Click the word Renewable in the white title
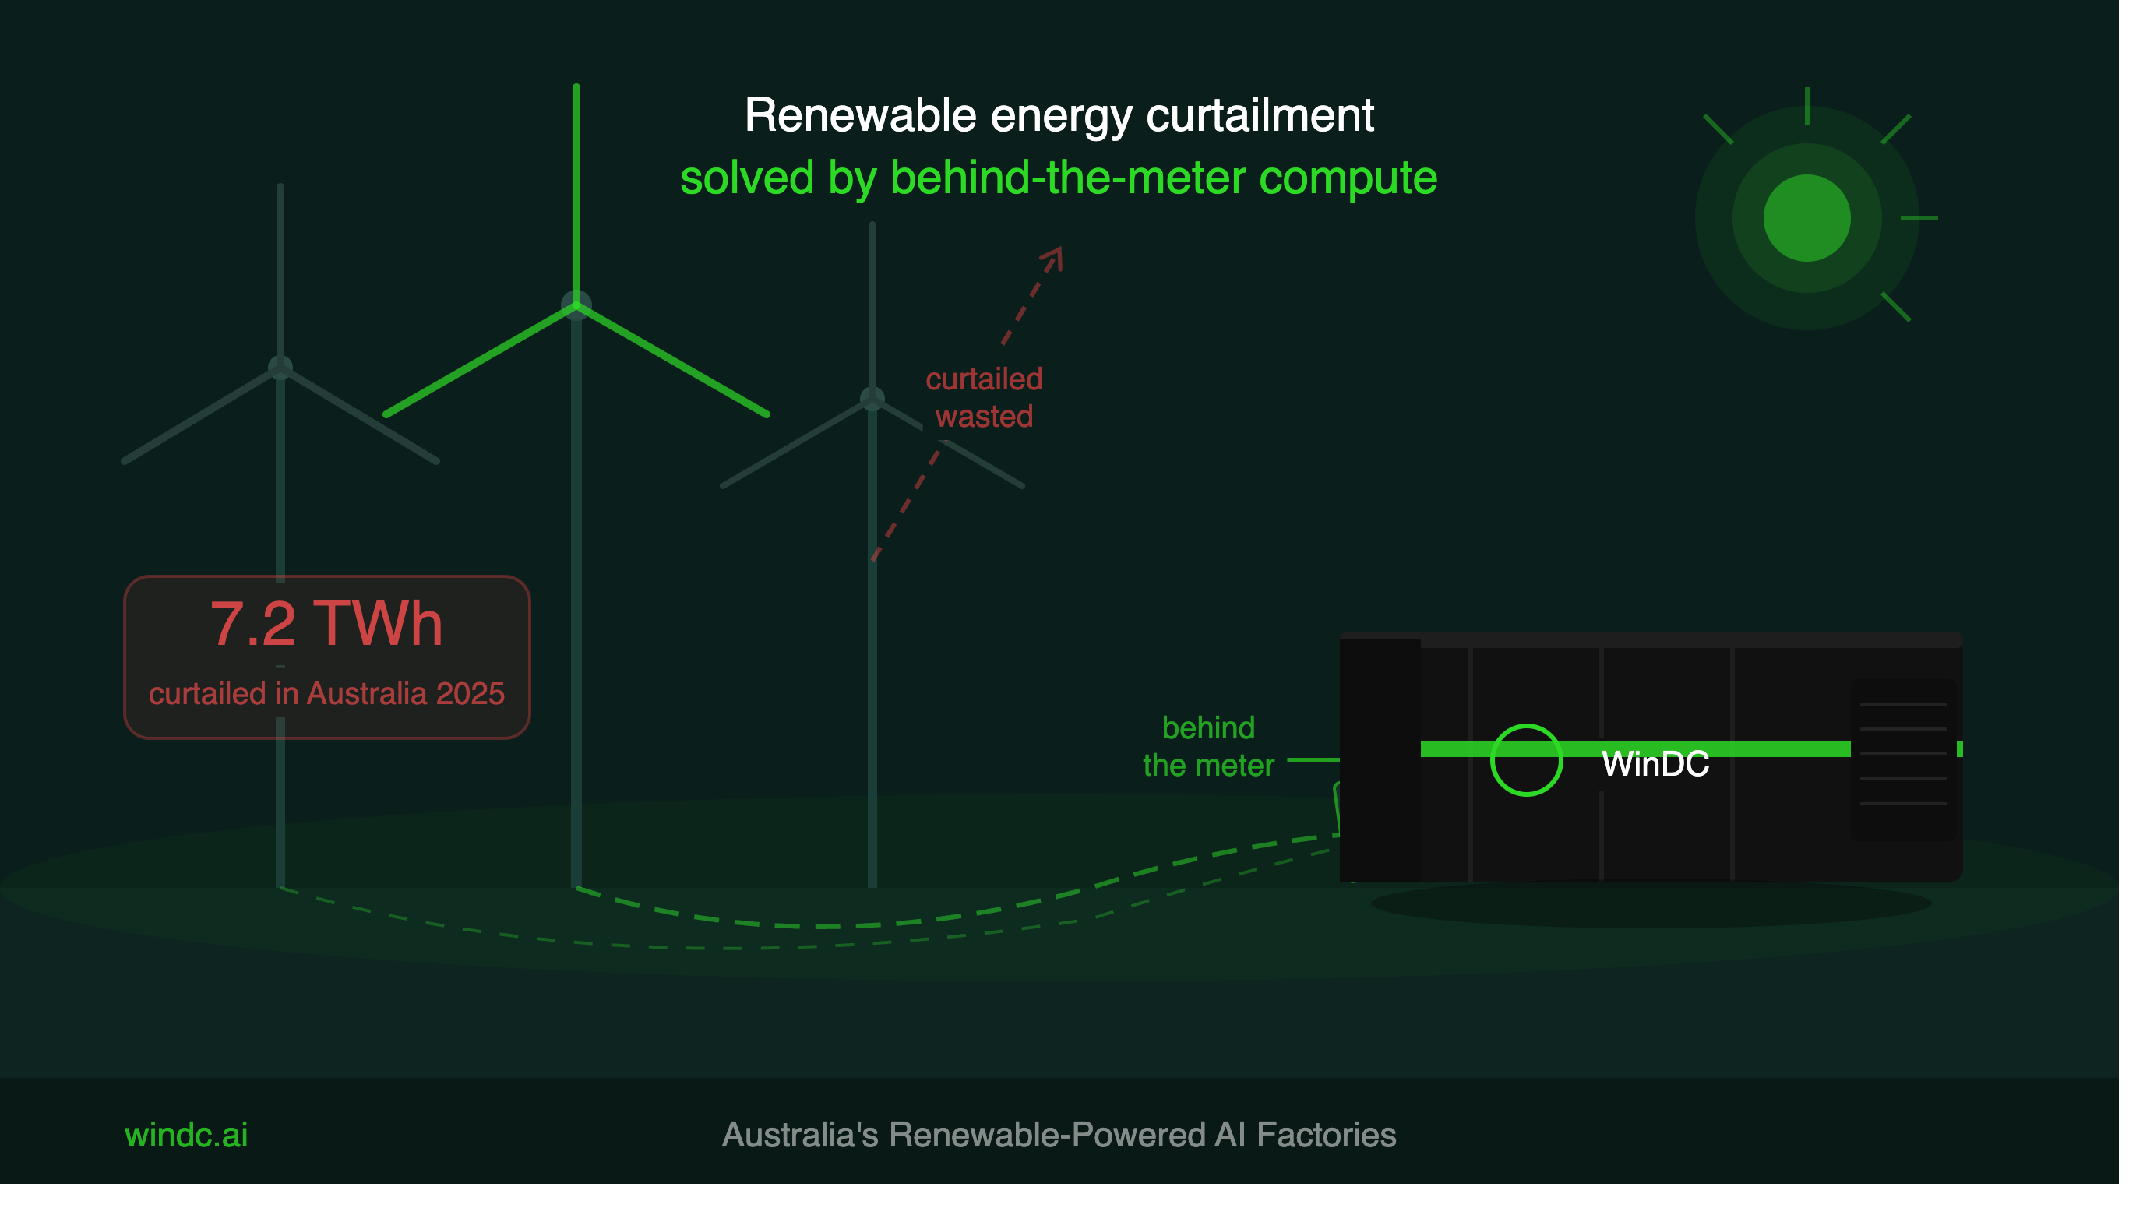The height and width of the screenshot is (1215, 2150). pos(860,115)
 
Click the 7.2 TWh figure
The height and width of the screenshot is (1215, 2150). pos(326,623)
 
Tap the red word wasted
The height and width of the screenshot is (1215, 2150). pos(984,417)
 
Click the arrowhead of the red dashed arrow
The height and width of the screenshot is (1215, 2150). pos(1053,257)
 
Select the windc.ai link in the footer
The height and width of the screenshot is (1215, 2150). pos(186,1135)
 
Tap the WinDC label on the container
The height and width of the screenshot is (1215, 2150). pos(1655,763)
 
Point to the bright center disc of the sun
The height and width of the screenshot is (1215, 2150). pos(1807,218)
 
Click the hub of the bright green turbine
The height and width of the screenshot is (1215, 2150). pos(576,306)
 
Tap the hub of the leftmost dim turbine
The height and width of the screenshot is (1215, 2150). pos(280,367)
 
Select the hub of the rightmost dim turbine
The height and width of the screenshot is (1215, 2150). pos(872,399)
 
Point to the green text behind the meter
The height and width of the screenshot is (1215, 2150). pos(1207,747)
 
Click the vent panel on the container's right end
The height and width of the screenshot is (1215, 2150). pos(1904,759)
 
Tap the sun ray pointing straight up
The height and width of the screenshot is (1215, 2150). pos(1807,106)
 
